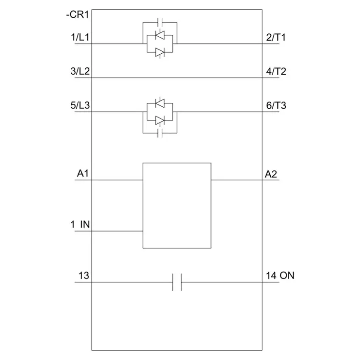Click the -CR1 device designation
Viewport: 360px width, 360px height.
click(77, 15)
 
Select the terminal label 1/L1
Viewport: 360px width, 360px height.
click(80, 37)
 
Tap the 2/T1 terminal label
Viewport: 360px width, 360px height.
click(276, 37)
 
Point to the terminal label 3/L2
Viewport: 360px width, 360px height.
click(80, 71)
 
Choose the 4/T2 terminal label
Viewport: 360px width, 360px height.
click(276, 71)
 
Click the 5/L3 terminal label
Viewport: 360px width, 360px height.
click(80, 105)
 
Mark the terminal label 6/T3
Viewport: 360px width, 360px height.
click(276, 105)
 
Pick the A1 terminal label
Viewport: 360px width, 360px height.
click(83, 174)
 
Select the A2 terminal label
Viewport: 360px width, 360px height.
click(272, 174)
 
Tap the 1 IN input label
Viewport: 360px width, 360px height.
click(80, 224)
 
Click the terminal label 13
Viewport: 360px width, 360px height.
click(83, 276)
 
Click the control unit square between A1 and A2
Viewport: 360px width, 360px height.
click(177, 205)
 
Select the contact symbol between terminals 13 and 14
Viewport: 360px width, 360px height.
click(177, 282)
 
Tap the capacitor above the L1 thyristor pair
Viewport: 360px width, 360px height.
click(160, 22)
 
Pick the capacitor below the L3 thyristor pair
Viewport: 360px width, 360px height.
click(160, 134)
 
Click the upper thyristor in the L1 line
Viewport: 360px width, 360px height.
click(160, 36)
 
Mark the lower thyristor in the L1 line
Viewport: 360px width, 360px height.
click(160, 52)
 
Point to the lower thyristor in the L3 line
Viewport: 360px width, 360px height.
click(160, 120)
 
